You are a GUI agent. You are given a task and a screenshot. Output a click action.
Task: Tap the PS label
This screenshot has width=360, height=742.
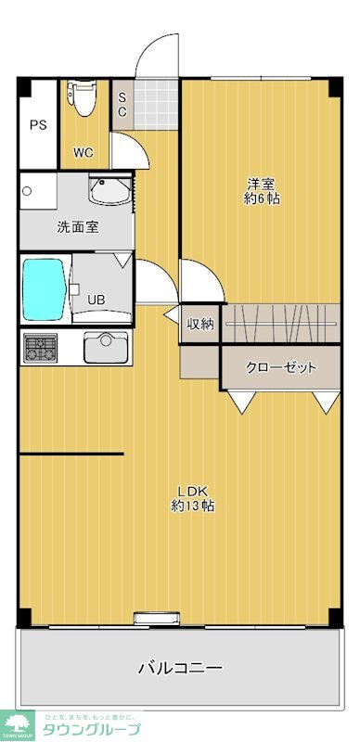point(37,125)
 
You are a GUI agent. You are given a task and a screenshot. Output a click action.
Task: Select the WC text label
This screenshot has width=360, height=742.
point(84,153)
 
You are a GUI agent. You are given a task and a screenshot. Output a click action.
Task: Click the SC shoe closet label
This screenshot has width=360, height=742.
point(122,104)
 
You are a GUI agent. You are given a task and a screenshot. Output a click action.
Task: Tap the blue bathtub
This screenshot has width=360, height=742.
point(43,288)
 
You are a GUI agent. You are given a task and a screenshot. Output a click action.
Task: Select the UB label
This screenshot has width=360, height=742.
point(96,300)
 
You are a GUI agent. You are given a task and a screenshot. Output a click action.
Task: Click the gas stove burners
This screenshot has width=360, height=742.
point(40,349)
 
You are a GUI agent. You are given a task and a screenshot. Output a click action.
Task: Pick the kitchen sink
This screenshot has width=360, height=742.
point(105,349)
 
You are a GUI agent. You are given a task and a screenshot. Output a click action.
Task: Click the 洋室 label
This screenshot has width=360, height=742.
point(262,184)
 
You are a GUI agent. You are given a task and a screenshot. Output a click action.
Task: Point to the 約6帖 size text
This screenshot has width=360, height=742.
point(262,199)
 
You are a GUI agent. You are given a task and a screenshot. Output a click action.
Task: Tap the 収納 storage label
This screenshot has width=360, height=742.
point(200,324)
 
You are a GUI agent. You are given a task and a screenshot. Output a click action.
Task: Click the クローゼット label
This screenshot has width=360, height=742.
point(280,367)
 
